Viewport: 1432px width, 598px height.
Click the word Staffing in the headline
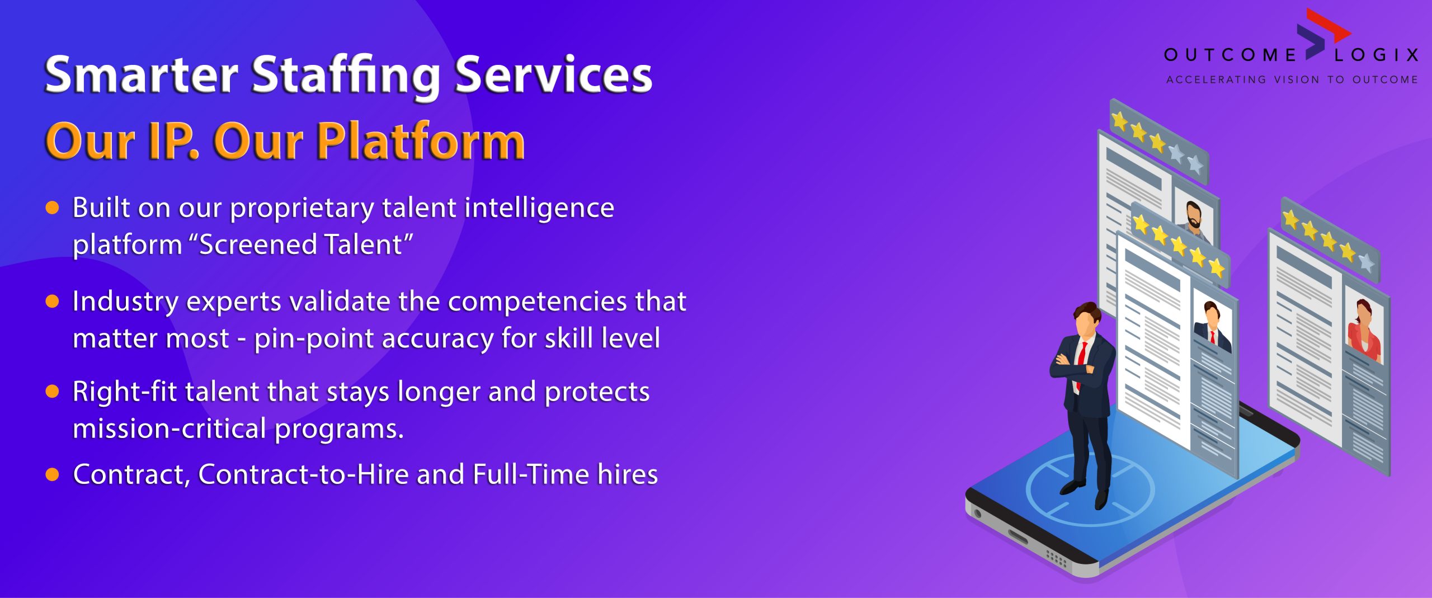(346, 76)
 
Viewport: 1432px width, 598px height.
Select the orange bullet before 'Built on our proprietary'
(52, 208)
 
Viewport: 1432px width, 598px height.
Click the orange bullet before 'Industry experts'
(52, 302)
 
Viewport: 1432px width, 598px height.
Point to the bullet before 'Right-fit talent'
(52, 392)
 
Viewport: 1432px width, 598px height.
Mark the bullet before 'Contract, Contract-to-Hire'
(52, 475)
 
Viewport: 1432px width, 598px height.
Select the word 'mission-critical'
(169, 429)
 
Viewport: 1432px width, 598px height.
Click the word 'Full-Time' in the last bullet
(531, 474)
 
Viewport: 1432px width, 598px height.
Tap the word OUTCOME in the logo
(1230, 55)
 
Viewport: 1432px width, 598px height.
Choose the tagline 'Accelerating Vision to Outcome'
(1292, 79)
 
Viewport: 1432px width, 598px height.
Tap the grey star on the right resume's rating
(1367, 262)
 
